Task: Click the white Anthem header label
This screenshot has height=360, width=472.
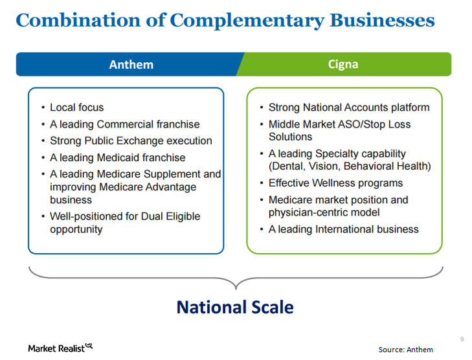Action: click(131, 64)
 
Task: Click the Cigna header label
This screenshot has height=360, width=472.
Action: click(343, 64)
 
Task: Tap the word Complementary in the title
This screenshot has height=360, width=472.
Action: click(247, 20)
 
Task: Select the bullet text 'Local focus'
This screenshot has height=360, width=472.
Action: click(76, 107)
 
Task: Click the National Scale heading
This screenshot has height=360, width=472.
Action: click(235, 306)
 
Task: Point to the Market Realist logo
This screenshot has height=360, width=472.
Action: click(60, 348)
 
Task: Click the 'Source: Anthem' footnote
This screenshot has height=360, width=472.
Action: click(405, 350)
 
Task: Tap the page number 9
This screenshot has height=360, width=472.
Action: click(462, 339)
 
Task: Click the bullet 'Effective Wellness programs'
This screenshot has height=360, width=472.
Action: click(335, 183)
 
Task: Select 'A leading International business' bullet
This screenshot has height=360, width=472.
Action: click(343, 229)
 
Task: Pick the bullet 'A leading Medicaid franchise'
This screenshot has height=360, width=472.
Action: click(117, 157)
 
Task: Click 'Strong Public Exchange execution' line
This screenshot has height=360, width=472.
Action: click(131, 141)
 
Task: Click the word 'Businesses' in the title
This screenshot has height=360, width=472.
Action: click(382, 20)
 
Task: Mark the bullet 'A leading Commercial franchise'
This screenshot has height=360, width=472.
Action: click(124, 124)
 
